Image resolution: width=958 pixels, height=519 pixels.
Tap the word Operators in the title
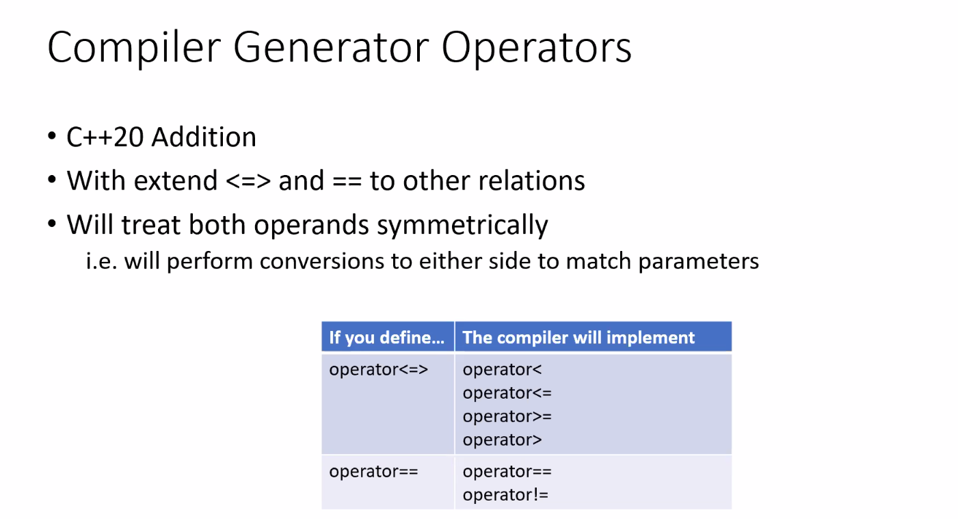tap(537, 48)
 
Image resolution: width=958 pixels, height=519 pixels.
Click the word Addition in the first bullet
tap(204, 137)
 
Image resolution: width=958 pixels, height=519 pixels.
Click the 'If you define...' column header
tap(387, 337)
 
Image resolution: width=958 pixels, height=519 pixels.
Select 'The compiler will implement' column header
tap(578, 337)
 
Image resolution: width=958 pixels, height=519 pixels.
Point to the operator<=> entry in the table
tap(378, 370)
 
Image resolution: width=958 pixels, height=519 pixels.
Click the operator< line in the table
tap(502, 370)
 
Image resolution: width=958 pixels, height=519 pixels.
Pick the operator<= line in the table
tap(507, 393)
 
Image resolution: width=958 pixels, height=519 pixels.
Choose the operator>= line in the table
tap(507, 416)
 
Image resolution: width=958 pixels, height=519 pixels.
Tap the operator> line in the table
tap(502, 440)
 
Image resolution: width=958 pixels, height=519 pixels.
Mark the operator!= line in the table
tap(505, 494)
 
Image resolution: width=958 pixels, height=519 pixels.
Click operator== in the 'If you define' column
tap(373, 472)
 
